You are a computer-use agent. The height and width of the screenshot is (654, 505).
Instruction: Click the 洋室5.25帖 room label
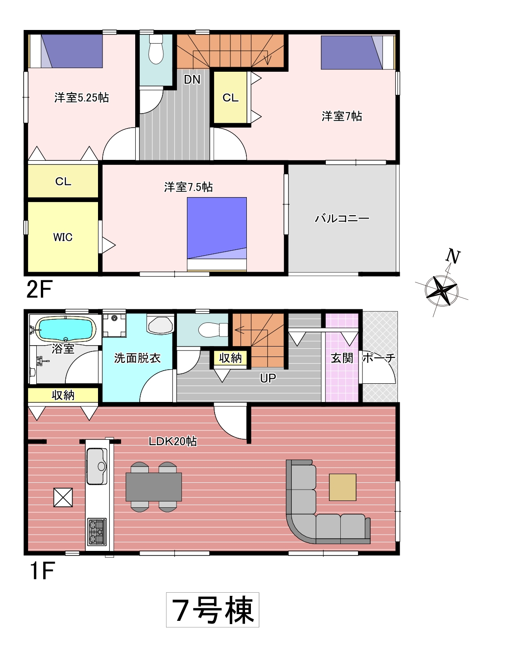[x=82, y=98]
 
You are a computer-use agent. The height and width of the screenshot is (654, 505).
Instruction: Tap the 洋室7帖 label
[x=342, y=116]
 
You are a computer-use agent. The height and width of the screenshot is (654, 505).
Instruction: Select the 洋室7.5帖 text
[x=188, y=187]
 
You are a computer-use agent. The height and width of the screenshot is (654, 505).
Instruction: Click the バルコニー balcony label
[x=342, y=218]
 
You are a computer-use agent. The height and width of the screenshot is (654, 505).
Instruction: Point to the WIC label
[x=63, y=237]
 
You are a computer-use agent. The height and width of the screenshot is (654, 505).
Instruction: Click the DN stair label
[x=192, y=79]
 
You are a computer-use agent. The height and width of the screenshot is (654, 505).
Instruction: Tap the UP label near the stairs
[x=268, y=378]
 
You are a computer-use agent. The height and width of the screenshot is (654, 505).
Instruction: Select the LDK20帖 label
[x=173, y=441]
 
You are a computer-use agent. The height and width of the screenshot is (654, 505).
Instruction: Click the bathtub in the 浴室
[x=66, y=329]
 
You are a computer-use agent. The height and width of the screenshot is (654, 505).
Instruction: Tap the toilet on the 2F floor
[x=156, y=49]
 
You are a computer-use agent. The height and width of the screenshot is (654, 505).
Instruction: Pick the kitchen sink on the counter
[x=97, y=466]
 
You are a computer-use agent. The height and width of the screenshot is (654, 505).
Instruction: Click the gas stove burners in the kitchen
[x=97, y=532]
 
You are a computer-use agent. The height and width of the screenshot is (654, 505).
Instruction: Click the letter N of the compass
[x=453, y=256]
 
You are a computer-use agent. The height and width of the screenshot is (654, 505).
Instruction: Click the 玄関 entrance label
[x=342, y=358]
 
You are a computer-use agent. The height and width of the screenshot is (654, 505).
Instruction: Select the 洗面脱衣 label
[x=137, y=358]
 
